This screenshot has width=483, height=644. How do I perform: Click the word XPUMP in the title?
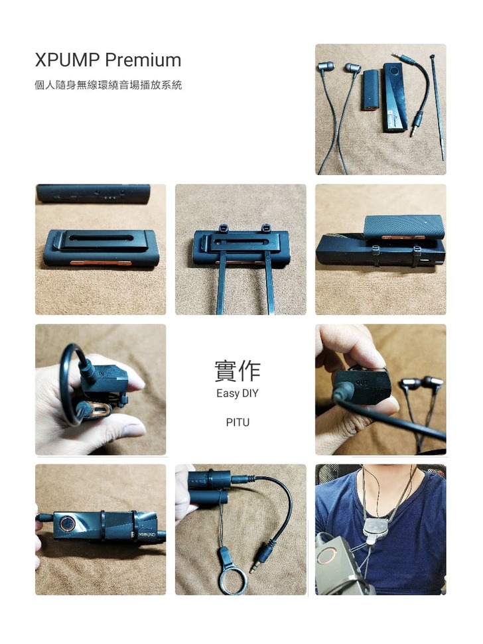(68, 60)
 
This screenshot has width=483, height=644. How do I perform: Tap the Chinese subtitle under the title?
(108, 85)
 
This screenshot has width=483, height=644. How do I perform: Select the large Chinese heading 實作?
(238, 371)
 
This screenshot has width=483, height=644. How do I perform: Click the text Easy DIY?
(238, 393)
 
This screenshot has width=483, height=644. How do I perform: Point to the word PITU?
(238, 422)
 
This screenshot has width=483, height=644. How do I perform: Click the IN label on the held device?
(101, 374)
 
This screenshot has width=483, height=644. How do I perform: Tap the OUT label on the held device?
(362, 383)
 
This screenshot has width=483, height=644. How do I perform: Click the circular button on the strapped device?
(66, 525)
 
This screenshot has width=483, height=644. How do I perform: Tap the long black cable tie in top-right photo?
(438, 107)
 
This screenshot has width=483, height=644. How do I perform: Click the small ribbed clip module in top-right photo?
(370, 90)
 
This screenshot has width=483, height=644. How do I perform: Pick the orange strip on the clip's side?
(101, 263)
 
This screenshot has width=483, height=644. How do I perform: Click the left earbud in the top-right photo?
(326, 66)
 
